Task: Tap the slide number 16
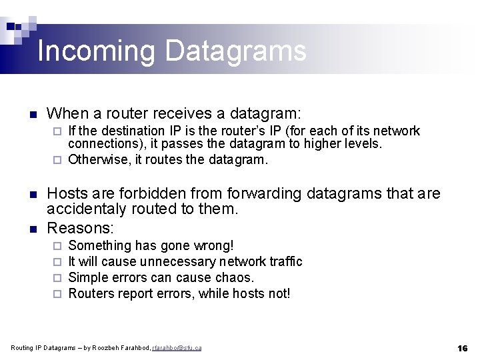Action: click(x=462, y=348)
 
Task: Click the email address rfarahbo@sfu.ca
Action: click(x=177, y=348)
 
